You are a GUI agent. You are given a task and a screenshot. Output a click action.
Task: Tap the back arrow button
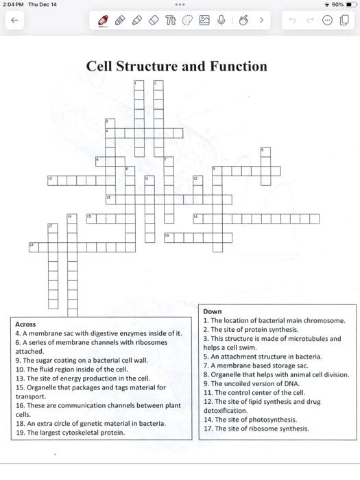[x=14, y=21]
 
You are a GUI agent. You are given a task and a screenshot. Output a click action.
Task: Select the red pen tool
[x=104, y=21]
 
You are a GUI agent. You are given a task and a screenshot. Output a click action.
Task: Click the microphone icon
[x=221, y=21]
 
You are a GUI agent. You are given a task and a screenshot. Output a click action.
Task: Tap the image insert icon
[x=204, y=21]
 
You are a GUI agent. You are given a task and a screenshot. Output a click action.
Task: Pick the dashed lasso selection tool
[x=187, y=21]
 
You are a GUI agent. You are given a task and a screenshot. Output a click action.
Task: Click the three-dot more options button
[x=327, y=21]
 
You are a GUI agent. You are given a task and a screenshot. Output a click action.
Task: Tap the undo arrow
[x=293, y=21]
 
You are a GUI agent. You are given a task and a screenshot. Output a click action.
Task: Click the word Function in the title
[x=232, y=67]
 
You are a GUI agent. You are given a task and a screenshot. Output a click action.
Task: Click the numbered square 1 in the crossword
[x=139, y=85]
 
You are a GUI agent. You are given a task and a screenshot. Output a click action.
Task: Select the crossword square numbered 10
[x=52, y=180]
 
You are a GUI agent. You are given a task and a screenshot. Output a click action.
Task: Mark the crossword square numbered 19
[x=33, y=247]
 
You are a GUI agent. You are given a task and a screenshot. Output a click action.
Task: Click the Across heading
[x=25, y=324]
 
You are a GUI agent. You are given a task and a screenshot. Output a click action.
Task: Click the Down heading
[x=213, y=311]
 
